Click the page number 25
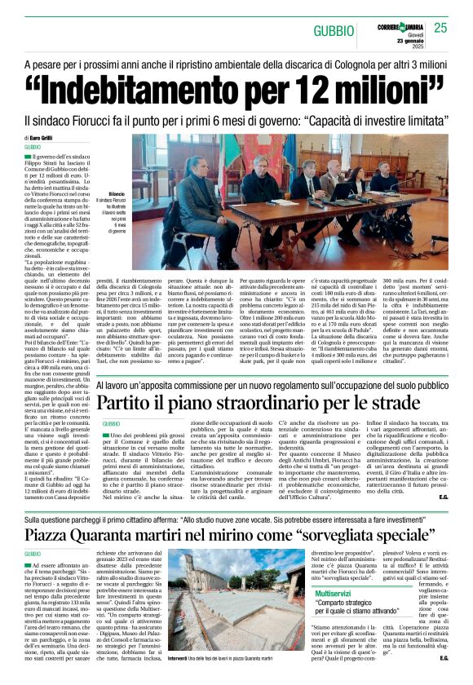coord(440,29)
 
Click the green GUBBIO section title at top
coord(336,30)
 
